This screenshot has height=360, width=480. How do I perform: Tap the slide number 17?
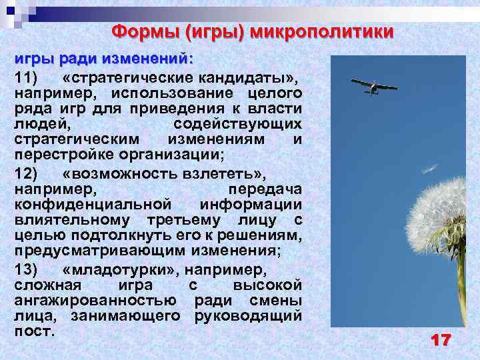(441, 341)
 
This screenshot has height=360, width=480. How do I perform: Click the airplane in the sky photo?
(373, 86)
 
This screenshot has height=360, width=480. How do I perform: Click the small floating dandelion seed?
(431, 168)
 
